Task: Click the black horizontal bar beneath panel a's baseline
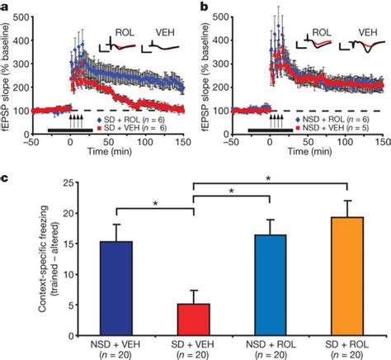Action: pos(69,130)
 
